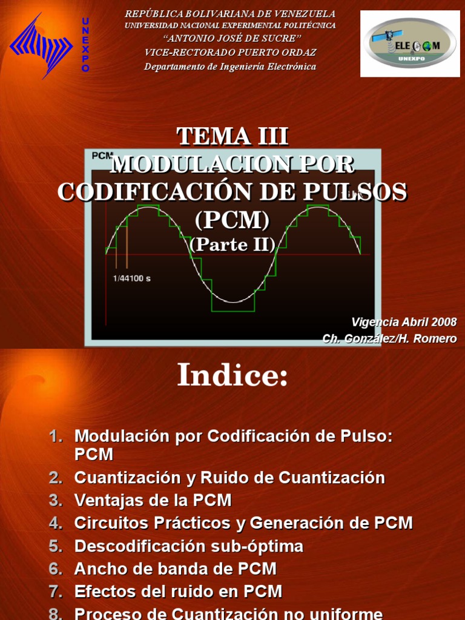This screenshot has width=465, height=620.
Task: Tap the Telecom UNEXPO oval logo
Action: click(x=409, y=44)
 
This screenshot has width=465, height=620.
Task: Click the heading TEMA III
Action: click(x=232, y=137)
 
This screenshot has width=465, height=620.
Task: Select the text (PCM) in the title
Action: click(x=232, y=220)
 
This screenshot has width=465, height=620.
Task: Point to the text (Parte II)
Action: click(x=232, y=244)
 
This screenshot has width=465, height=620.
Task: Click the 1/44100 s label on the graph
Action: click(x=132, y=279)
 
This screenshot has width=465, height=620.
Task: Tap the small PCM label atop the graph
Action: click(x=102, y=156)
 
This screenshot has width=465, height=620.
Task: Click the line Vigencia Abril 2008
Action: click(x=404, y=322)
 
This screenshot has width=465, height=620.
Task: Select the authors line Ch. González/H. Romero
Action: click(x=389, y=338)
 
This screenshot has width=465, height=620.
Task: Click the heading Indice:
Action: click(x=232, y=377)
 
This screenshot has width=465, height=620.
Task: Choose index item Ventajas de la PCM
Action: click(x=153, y=500)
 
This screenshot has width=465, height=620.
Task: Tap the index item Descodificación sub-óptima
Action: click(x=188, y=546)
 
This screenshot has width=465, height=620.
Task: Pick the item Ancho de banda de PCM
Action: click(x=175, y=569)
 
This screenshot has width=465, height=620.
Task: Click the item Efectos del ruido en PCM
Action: click(x=178, y=592)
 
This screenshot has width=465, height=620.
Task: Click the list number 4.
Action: click(x=56, y=523)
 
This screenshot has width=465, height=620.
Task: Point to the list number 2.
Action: click(x=56, y=478)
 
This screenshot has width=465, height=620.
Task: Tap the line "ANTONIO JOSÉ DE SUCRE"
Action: click(x=230, y=39)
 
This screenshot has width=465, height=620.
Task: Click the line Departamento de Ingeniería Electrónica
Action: click(x=230, y=66)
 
